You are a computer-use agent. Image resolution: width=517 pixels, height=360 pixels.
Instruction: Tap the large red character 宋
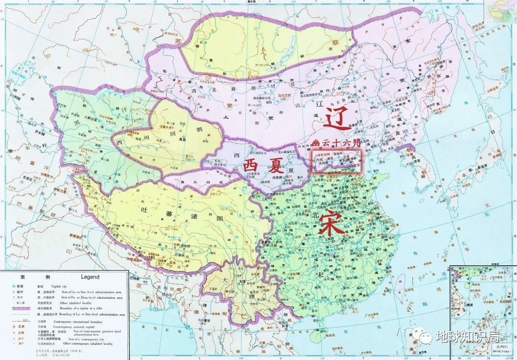(330, 223)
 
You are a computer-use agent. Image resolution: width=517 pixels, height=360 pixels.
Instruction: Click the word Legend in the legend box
(90, 277)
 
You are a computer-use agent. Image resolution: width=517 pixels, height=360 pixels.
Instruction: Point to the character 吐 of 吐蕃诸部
(141, 209)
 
